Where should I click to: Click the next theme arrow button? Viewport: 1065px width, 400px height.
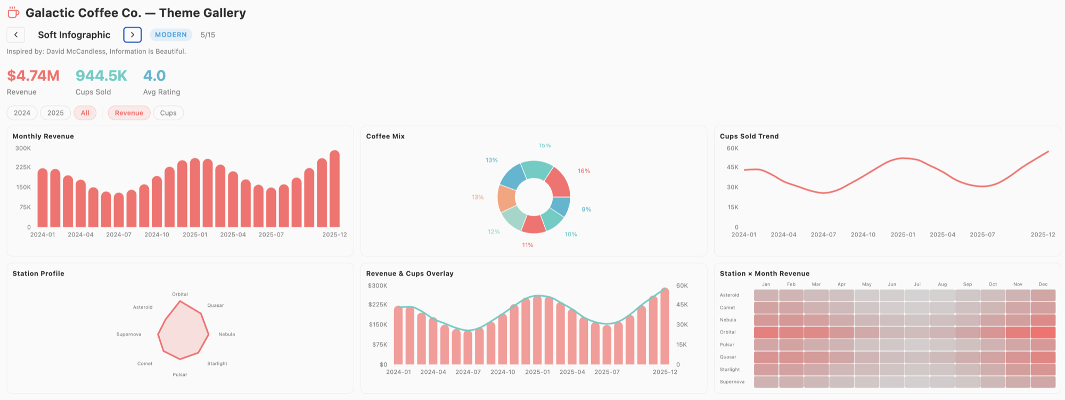click(x=132, y=35)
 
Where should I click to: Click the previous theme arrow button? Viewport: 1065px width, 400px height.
click(x=16, y=35)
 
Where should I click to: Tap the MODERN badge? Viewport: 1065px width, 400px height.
click(x=171, y=35)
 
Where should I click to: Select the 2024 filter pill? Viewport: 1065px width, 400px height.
click(x=22, y=113)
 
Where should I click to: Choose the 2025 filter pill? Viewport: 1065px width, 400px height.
click(x=55, y=113)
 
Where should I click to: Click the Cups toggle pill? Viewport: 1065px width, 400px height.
click(x=168, y=113)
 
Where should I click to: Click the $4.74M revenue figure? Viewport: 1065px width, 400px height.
click(x=33, y=76)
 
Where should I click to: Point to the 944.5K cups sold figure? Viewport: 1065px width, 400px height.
click(x=101, y=76)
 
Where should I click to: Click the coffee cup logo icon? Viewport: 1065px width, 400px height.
click(x=13, y=13)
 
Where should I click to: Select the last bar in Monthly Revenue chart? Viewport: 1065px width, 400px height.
click(x=334, y=189)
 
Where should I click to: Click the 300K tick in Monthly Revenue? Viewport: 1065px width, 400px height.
click(x=23, y=149)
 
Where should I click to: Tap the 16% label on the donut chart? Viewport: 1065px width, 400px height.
click(x=584, y=171)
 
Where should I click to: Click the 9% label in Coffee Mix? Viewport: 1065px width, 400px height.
click(x=586, y=209)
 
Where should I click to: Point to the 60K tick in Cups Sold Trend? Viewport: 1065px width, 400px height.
click(x=732, y=149)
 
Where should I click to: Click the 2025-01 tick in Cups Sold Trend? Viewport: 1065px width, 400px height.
click(x=903, y=234)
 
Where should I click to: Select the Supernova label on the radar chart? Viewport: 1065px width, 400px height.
click(x=129, y=334)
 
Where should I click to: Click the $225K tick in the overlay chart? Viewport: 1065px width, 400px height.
click(x=378, y=305)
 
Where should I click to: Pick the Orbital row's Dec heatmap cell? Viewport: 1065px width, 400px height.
click(x=1043, y=332)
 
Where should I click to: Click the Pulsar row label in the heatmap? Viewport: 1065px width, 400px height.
click(x=727, y=345)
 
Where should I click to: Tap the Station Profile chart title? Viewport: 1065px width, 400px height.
click(x=38, y=273)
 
